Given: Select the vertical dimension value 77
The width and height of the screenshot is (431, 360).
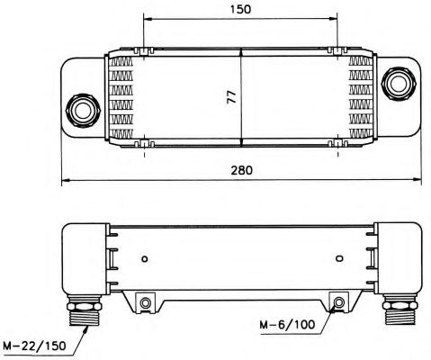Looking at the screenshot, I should point(230,96).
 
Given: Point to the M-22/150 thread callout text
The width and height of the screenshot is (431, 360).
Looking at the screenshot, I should point(35,346).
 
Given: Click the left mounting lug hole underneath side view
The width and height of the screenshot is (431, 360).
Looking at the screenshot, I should point(144,301).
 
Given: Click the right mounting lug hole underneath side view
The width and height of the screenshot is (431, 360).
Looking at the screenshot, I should point(337,301).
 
